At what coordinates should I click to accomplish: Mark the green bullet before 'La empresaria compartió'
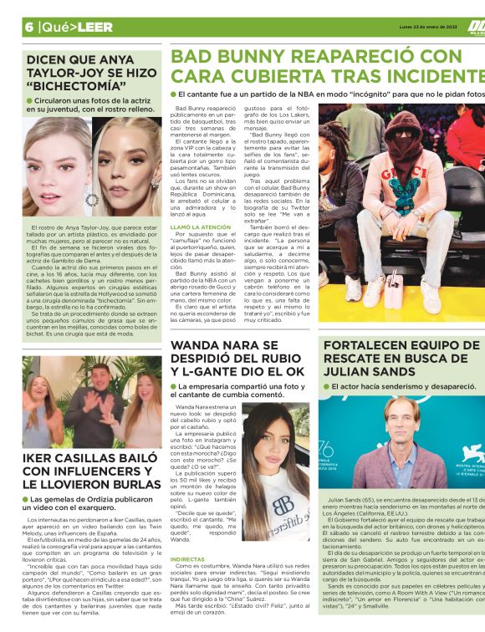coord(173,386)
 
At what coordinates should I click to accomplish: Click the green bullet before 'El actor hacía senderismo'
coord(326,387)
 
